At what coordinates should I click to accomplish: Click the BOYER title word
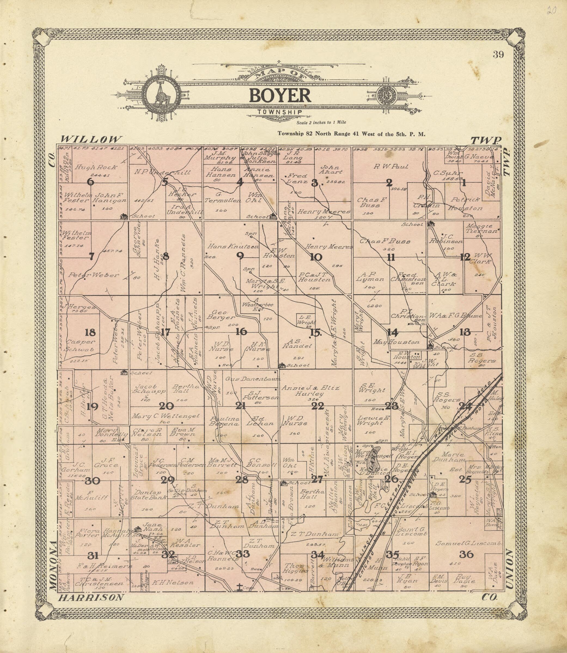coord(280,96)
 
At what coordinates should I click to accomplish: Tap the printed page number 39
coord(498,55)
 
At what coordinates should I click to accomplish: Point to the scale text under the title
coord(321,123)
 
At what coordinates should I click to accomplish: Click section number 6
coord(90,182)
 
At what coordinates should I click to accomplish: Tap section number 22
coord(317,406)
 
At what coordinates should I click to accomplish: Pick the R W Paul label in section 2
coord(391,167)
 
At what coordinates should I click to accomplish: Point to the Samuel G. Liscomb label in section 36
coord(469,543)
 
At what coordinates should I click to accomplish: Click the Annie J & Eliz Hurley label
coord(310,391)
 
